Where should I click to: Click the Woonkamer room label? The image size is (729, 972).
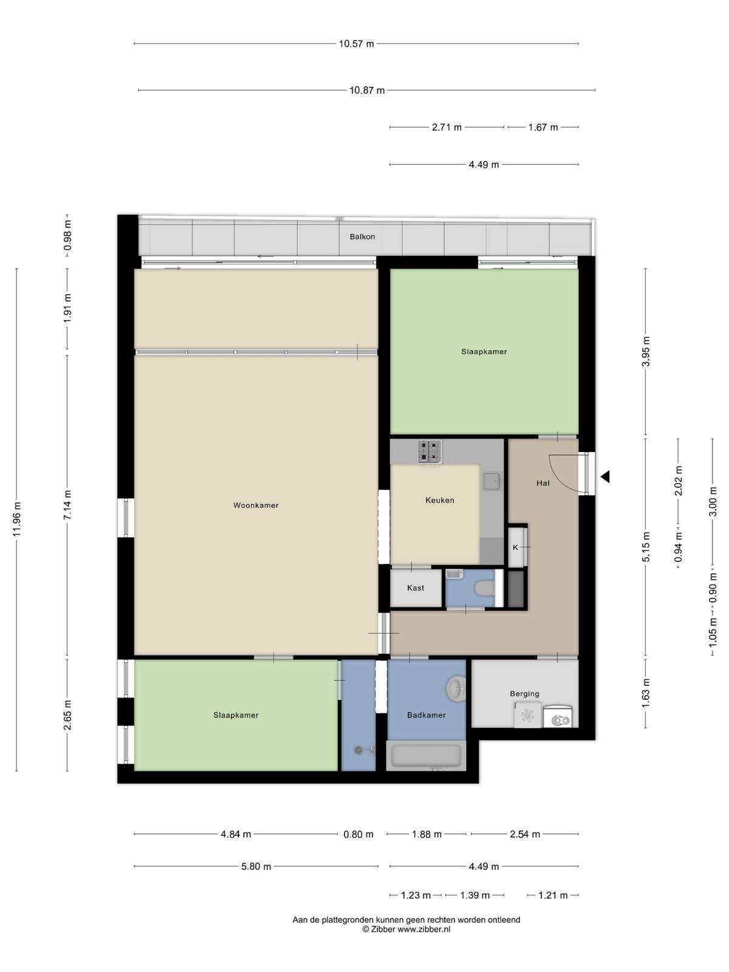[x=256, y=505]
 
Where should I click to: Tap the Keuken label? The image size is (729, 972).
[x=439, y=500]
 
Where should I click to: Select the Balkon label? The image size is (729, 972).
[x=362, y=236]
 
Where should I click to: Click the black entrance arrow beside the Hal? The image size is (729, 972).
[x=605, y=476]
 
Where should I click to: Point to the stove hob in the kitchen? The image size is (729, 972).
[x=430, y=451]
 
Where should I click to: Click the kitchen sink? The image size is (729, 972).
[x=491, y=481]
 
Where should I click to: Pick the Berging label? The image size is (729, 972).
[x=524, y=694]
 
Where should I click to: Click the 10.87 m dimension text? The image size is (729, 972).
[x=367, y=91]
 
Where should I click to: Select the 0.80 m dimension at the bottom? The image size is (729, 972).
[x=358, y=834]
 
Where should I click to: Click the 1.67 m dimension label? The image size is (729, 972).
[x=543, y=127]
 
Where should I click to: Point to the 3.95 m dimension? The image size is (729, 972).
[x=646, y=351]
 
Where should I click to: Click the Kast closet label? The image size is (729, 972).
[x=415, y=587]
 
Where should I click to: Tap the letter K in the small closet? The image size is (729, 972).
[x=515, y=547]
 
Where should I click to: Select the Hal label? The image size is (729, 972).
[x=542, y=483]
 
